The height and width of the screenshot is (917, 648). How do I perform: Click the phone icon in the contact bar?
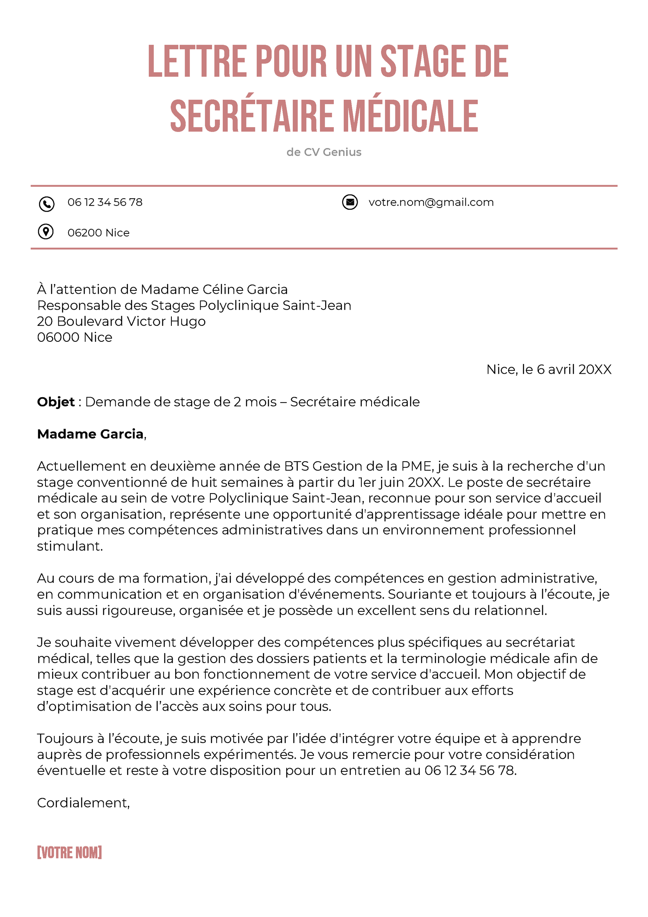point(46,204)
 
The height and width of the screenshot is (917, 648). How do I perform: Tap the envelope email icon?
point(349,202)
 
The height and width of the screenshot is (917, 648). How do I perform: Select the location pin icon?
point(46,232)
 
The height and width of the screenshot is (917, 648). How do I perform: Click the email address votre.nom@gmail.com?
point(431,202)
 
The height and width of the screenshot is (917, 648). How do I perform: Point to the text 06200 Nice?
point(98,233)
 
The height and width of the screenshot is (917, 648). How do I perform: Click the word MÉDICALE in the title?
point(410,117)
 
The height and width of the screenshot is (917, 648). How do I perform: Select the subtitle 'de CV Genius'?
point(324,152)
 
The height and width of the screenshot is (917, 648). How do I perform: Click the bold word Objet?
point(56,402)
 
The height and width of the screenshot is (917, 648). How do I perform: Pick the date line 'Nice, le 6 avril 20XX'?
point(548,369)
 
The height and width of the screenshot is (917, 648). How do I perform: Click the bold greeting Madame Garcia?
point(90,434)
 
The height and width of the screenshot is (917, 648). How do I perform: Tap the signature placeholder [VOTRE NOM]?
point(69,853)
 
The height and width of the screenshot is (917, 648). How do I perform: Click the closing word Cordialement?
point(83,803)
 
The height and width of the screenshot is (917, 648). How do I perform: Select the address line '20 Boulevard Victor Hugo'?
point(121,321)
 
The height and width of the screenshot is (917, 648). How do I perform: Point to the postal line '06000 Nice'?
point(75,337)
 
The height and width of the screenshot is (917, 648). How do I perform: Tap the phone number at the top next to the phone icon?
point(105,202)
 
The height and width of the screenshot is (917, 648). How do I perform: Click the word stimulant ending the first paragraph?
point(69,546)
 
